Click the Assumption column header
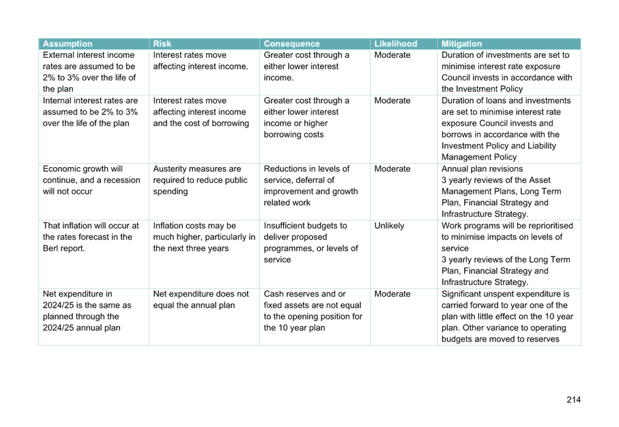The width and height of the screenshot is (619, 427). point(68,44)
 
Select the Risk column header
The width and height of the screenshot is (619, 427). point(162,44)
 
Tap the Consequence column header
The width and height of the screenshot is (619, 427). point(291,44)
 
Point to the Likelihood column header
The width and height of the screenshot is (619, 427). point(396,44)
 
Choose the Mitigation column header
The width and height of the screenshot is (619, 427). point(461,44)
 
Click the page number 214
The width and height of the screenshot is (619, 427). point(573,400)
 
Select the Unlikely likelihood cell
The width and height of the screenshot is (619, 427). point(389,226)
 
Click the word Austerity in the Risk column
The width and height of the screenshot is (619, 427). point(171,169)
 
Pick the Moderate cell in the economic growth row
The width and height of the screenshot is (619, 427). point(392,169)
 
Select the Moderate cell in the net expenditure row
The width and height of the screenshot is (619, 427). point(392,294)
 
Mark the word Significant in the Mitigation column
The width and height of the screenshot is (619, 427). point(461,294)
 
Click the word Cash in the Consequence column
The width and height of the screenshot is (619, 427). point(272,294)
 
